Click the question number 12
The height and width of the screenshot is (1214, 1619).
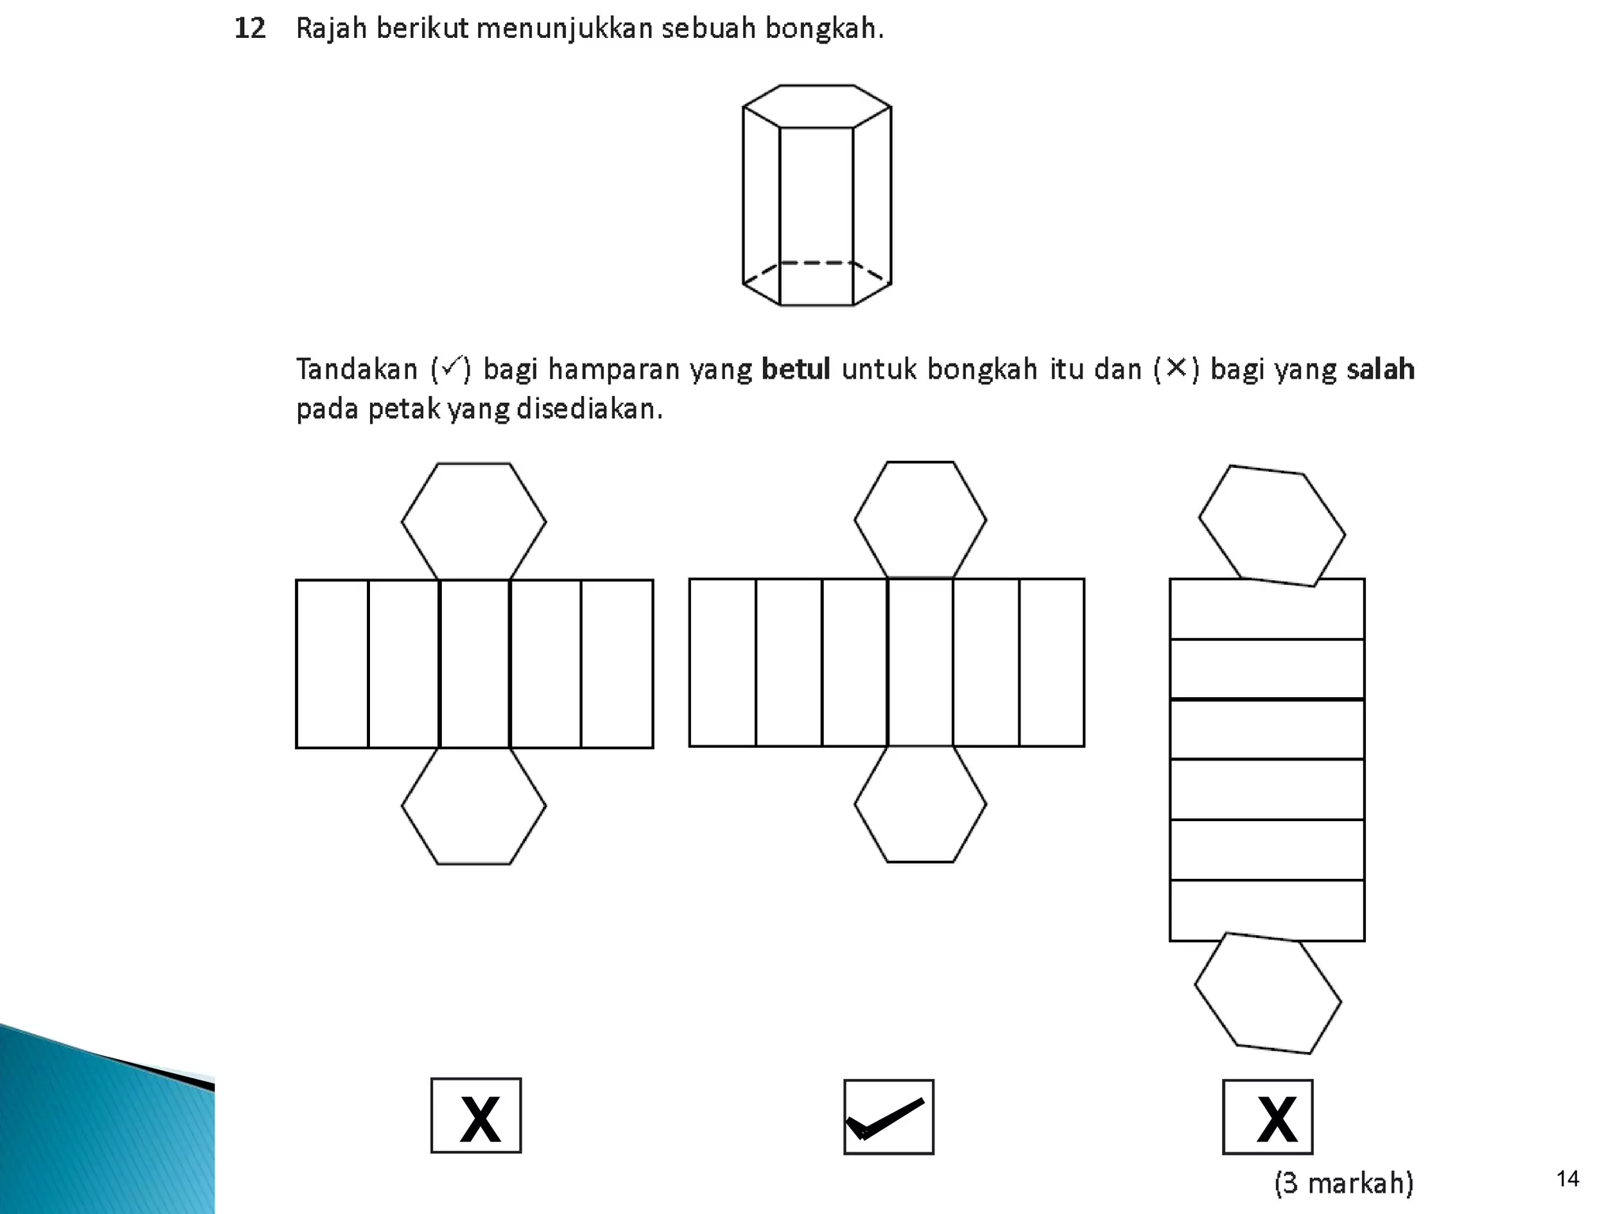coord(250,29)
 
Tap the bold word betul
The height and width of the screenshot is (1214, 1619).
coord(795,369)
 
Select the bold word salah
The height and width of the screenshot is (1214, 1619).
coord(1380,369)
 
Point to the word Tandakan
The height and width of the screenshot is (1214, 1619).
coord(357,369)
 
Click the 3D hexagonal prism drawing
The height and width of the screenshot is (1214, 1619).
coord(817,195)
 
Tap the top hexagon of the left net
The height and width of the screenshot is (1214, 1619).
coord(474,522)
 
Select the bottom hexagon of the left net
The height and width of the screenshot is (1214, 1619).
coord(474,806)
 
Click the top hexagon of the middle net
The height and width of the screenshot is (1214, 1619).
coord(920,520)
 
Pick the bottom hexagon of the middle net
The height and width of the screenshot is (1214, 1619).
coord(920,805)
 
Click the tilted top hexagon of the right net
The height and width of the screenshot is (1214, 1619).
coord(1271,526)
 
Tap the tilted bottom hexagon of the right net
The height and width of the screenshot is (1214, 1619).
coord(1267,993)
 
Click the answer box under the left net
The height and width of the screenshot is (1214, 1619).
coord(476,1115)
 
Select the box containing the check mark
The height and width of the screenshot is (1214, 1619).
coord(889,1117)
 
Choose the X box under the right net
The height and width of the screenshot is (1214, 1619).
coord(1267,1117)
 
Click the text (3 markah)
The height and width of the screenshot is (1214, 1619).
coord(1343,1182)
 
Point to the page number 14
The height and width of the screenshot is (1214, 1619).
coord(1567,1179)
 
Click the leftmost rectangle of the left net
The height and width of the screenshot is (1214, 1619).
coord(332,664)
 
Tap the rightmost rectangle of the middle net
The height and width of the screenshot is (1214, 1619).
coord(1051,662)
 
